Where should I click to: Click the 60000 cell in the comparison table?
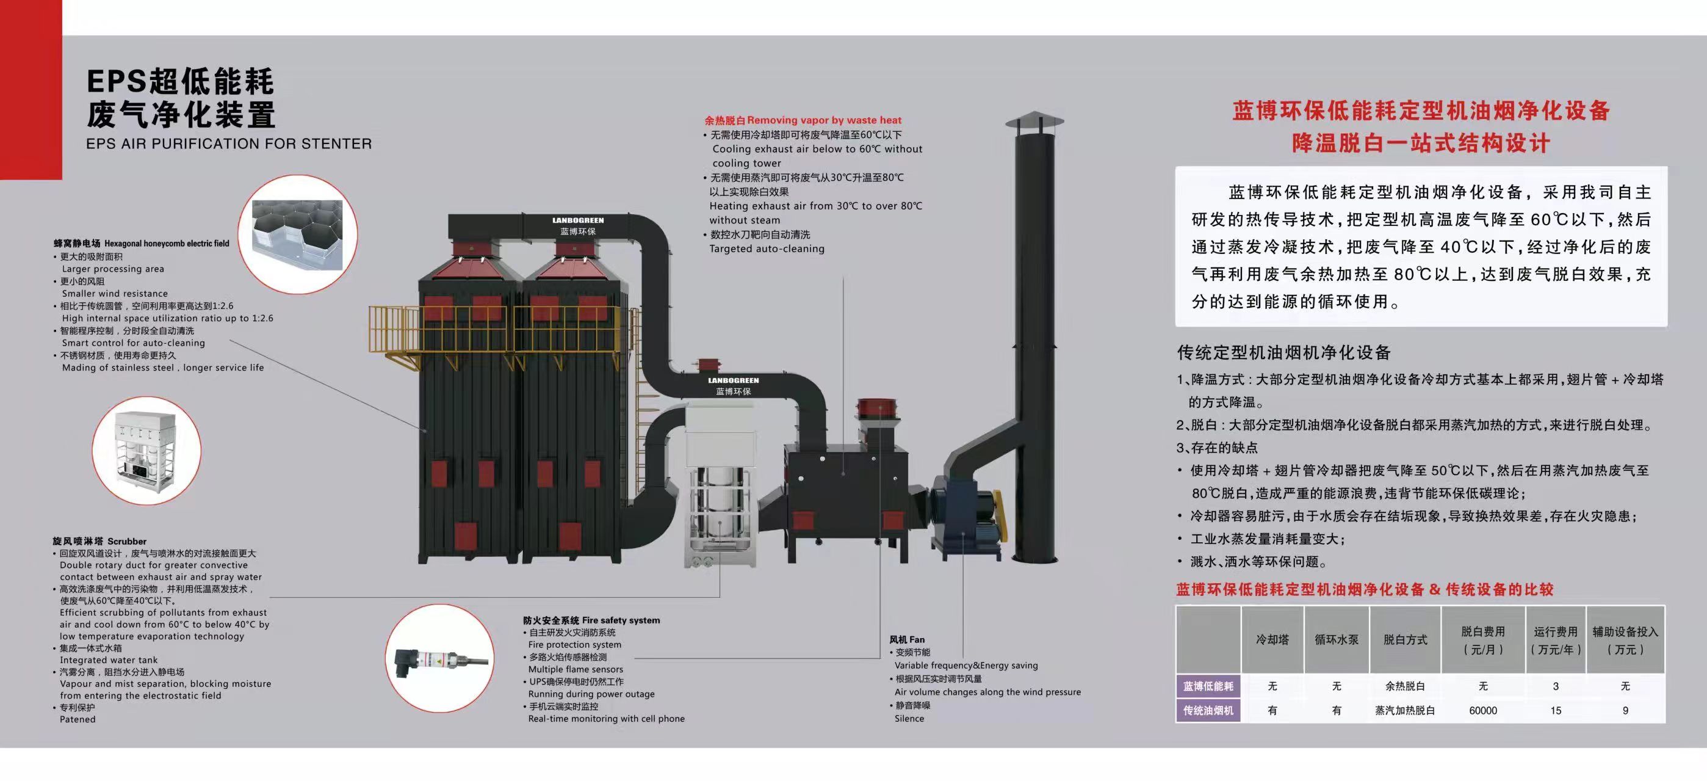click(x=1482, y=711)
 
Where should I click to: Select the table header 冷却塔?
click(x=1272, y=640)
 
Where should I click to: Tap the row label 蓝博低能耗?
click(x=1208, y=686)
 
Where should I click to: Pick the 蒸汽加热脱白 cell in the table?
click(x=1405, y=711)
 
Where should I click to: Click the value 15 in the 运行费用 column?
click(x=1555, y=711)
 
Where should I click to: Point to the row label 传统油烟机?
click(x=1208, y=711)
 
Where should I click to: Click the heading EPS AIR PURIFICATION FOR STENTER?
click(x=229, y=144)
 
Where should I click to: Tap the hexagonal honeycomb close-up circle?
click(x=298, y=234)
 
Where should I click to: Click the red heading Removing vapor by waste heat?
click(x=803, y=120)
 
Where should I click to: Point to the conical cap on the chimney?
click(x=1034, y=122)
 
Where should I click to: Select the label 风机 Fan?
click(x=906, y=640)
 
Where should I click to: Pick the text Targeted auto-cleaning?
click(x=767, y=249)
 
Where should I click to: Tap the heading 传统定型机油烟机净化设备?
click(x=1283, y=352)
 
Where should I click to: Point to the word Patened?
click(x=78, y=719)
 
